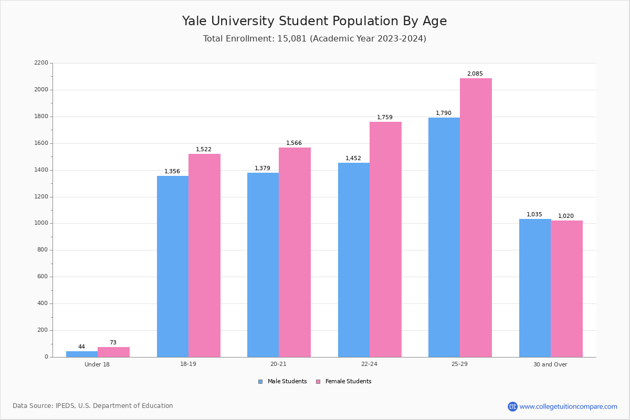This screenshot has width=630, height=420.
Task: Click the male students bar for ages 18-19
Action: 173,266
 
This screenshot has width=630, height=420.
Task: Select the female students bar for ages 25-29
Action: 476,217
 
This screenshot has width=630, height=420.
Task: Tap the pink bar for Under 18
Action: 113,352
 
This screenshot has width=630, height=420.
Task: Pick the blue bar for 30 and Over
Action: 535,288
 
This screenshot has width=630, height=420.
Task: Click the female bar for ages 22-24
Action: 385,239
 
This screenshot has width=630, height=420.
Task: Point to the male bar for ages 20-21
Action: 263,265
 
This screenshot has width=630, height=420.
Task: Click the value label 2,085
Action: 475,74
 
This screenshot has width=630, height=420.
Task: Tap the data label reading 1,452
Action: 353,159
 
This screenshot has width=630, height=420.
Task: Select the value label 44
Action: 81,347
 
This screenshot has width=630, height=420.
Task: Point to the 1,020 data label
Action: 565,216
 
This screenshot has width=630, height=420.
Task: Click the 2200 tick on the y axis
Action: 41,63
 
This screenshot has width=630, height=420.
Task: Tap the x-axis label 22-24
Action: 369,364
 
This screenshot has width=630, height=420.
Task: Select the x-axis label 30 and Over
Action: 550,364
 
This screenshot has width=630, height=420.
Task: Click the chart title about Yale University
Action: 314,21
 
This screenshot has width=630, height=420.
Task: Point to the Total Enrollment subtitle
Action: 314,39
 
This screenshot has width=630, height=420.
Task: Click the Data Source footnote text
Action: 93,406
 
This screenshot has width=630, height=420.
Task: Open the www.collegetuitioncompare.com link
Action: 568,406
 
